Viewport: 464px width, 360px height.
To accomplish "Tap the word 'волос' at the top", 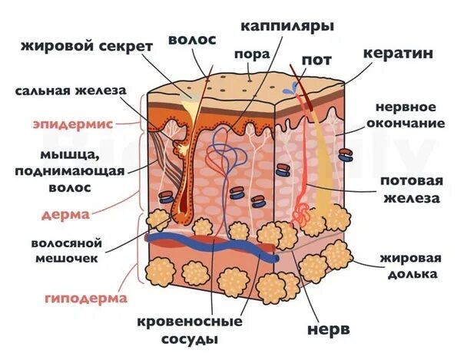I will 192,38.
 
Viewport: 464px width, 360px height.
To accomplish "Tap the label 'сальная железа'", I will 69,91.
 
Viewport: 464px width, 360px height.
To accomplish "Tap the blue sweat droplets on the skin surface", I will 290,89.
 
